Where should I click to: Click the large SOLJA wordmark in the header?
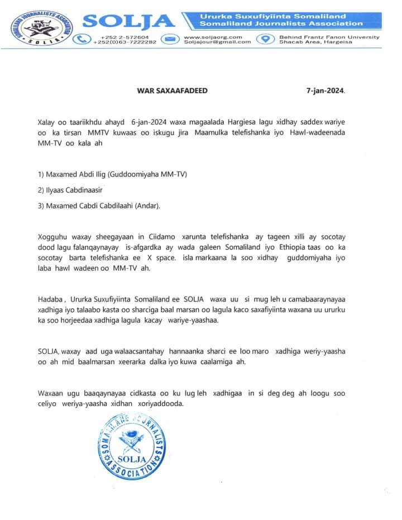pos(130,21)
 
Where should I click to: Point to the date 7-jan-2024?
pos(326,90)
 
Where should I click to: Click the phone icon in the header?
pos(83,39)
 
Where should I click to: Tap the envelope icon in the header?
pos(170,39)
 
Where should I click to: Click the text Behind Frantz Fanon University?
pos(329,37)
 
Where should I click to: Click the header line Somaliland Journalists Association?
pos(280,23)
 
